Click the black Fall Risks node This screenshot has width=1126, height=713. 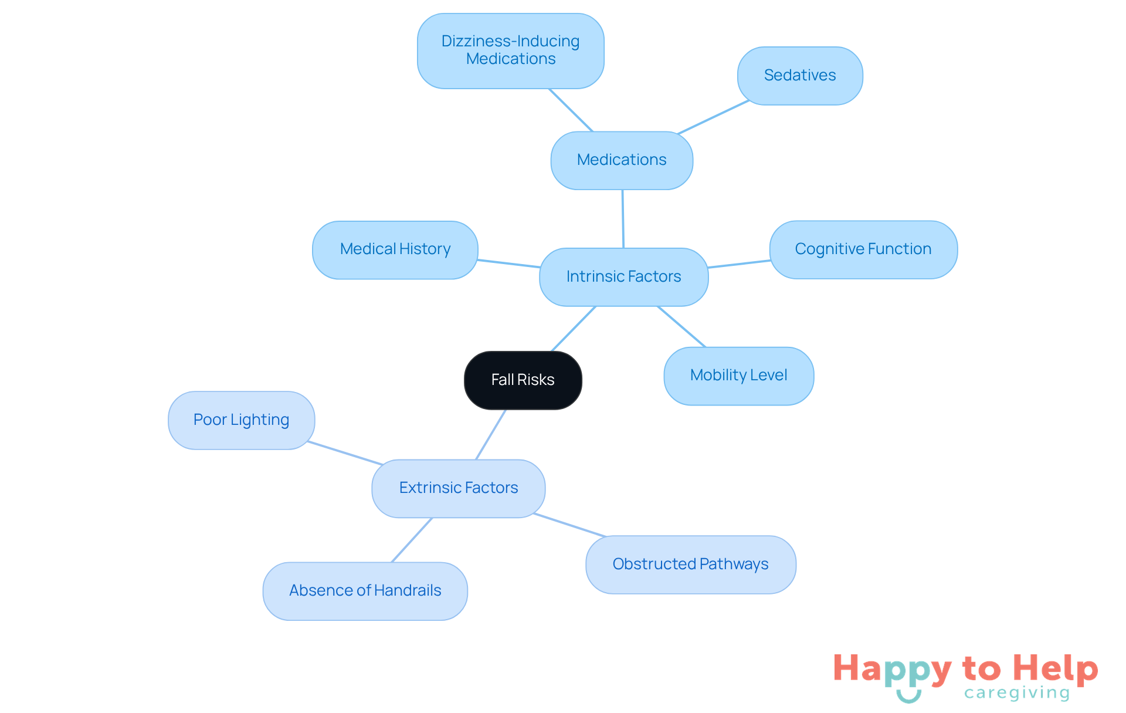tap(523, 380)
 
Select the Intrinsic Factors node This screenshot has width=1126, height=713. tap(623, 277)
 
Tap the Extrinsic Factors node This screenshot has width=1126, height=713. tap(458, 488)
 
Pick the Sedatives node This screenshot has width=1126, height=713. tap(800, 76)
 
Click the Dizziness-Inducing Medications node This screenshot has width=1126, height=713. tap(510, 51)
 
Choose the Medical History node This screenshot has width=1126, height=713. tap(395, 250)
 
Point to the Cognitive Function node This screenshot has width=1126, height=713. tap(863, 249)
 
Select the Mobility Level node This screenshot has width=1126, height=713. tap(738, 376)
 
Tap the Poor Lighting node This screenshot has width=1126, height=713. tap(241, 420)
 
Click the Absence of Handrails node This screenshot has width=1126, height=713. tap(365, 591)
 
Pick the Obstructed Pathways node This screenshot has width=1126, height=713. tap(690, 565)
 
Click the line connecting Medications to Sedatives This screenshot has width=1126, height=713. tap(713, 117)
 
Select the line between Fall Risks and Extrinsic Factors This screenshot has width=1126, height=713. tap(491, 434)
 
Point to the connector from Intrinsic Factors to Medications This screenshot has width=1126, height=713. tap(623, 219)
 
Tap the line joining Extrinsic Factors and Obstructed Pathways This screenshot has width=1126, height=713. tap(569, 525)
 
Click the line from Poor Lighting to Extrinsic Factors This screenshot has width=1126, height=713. tap(345, 453)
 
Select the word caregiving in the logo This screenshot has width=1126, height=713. tap(1017, 693)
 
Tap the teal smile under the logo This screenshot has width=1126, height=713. tap(908, 697)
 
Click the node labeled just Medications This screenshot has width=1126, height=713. tap(622, 160)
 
